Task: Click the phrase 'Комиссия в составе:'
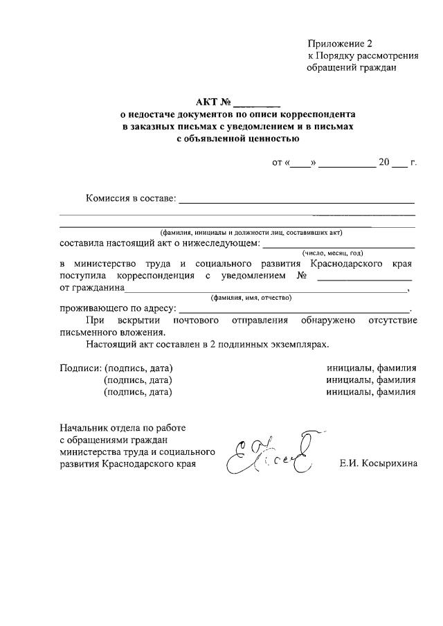coord(131,199)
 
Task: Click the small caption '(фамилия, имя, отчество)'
coord(251,297)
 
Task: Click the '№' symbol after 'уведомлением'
coord(302,276)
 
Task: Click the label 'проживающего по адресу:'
coord(118,308)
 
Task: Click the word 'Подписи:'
coord(80,368)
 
